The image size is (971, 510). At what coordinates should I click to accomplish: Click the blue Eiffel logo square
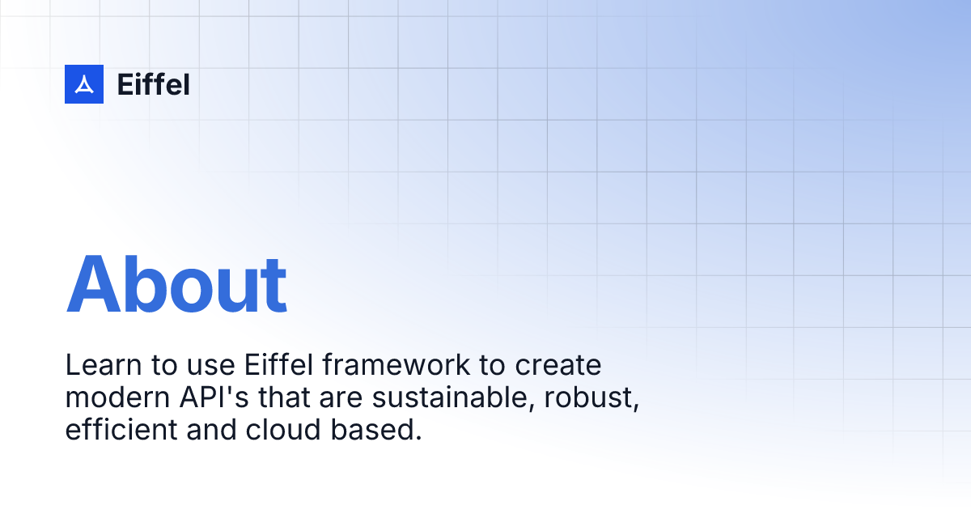pyautogui.click(x=84, y=84)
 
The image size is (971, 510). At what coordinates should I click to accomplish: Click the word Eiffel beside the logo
pyautogui.click(x=154, y=84)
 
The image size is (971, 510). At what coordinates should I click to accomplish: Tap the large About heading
pyautogui.click(x=176, y=284)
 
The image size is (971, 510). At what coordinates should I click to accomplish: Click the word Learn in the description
pyautogui.click(x=104, y=365)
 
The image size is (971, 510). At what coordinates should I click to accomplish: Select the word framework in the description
pyautogui.click(x=396, y=365)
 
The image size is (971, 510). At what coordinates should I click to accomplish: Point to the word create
pyautogui.click(x=558, y=366)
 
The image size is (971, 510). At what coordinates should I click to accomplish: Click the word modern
pyautogui.click(x=117, y=397)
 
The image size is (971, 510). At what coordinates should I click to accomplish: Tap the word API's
pyautogui.click(x=214, y=397)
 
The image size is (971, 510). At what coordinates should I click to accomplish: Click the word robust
pyautogui.click(x=592, y=397)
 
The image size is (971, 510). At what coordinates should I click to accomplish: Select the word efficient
pyautogui.click(x=121, y=430)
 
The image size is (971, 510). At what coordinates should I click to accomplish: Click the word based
pyautogui.click(x=375, y=430)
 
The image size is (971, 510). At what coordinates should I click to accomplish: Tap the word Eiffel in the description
pyautogui.click(x=278, y=365)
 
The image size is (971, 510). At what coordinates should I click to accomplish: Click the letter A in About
pyautogui.click(x=93, y=283)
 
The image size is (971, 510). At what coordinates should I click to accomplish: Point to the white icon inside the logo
pyautogui.click(x=84, y=84)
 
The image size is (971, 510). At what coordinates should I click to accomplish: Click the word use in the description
pyautogui.click(x=210, y=368)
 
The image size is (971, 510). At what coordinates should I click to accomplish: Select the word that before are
pyautogui.click(x=284, y=397)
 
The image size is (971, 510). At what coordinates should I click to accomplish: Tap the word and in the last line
pyautogui.click(x=211, y=430)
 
